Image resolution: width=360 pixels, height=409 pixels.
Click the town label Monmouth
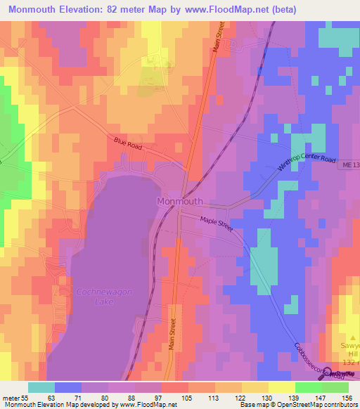179,201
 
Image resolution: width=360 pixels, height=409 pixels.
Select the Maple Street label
217,224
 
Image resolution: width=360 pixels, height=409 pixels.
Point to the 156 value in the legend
347,397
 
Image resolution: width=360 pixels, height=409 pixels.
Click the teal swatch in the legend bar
41,387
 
